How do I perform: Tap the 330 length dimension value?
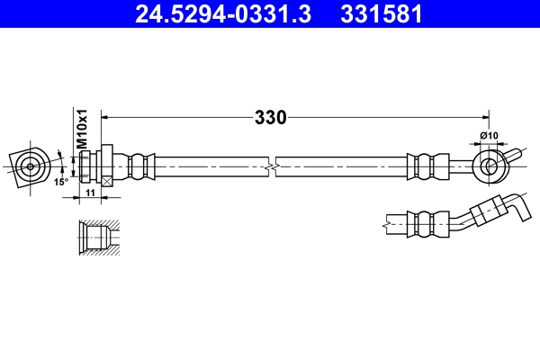270,117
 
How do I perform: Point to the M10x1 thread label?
80,129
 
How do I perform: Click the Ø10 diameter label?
489,136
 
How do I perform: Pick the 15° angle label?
60,181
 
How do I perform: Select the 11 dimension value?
91,193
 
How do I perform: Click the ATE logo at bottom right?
492,335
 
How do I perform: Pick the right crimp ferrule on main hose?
427,166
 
